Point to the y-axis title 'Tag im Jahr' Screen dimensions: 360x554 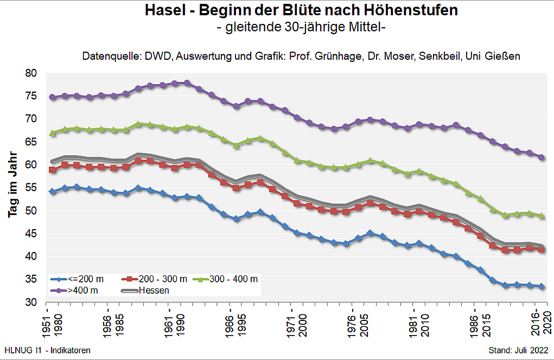coord(14,188)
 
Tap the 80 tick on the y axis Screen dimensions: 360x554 coord(31,73)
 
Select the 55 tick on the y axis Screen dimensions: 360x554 coord(31,188)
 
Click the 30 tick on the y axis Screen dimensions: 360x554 coord(31,302)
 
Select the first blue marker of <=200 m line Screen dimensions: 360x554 coord(52,192)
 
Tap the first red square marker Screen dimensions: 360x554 coord(52,170)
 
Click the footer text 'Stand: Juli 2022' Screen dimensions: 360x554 coord(518,350)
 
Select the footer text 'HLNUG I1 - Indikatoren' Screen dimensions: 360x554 coord(47,350)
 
